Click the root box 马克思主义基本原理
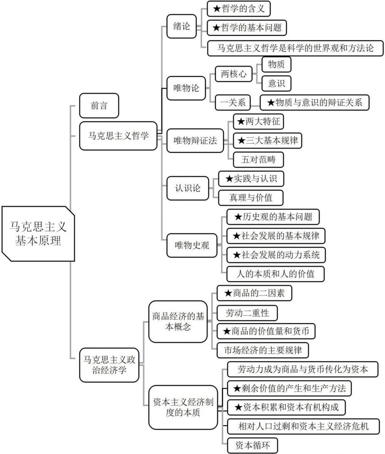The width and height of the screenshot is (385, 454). click(38, 234)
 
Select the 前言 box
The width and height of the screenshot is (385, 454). click(99, 106)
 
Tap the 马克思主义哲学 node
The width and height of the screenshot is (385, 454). click(118, 136)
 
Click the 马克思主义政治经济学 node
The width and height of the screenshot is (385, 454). click(109, 365)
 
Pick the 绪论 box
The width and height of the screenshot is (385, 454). click(181, 26)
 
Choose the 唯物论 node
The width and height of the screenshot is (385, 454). click(186, 88)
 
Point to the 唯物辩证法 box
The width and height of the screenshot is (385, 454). click(195, 141)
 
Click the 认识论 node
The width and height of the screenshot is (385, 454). click(187, 188)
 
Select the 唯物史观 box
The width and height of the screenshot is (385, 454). click(192, 246)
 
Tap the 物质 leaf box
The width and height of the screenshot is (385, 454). click(276, 64)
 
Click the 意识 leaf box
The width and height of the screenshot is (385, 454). click(276, 84)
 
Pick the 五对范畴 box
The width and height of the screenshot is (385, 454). click(258, 159)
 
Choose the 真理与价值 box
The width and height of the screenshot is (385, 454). click(251, 198)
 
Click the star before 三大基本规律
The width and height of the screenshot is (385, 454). click(241, 141)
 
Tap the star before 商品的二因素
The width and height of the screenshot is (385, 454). click(228, 293)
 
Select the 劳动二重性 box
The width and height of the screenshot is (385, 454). click(247, 313)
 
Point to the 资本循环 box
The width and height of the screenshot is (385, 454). click(253, 445)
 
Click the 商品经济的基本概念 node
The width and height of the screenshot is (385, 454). click(178, 322)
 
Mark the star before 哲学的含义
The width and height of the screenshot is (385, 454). click(217, 9)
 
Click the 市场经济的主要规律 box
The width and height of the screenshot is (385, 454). click(263, 350)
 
